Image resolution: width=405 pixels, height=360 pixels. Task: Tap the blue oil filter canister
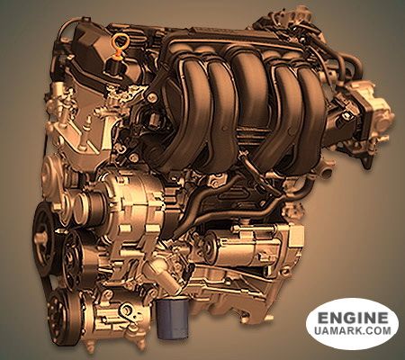(172, 316)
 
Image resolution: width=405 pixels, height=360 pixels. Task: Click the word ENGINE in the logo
(353, 318)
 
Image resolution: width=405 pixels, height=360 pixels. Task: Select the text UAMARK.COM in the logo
(353, 330)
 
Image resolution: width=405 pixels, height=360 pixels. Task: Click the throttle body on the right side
(371, 117)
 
